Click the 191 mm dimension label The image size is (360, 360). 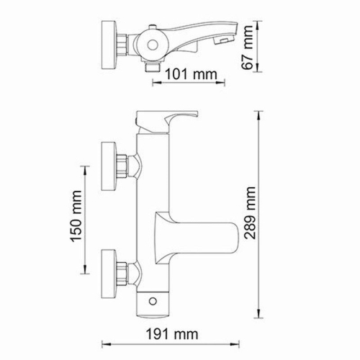point(176,333)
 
